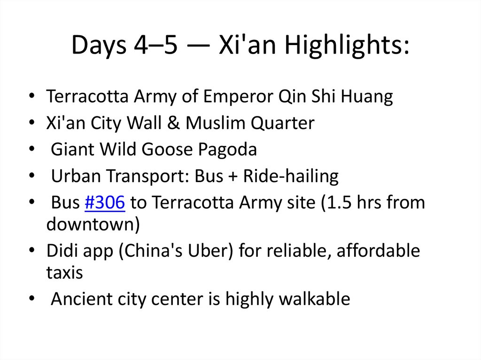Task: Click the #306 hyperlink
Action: pyautogui.click(x=105, y=203)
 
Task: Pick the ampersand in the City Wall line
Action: pyautogui.click(x=174, y=123)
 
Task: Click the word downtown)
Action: pyautogui.click(x=93, y=224)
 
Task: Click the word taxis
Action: pyautogui.click(x=64, y=272)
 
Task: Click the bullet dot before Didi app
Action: pyautogui.click(x=31, y=252)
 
